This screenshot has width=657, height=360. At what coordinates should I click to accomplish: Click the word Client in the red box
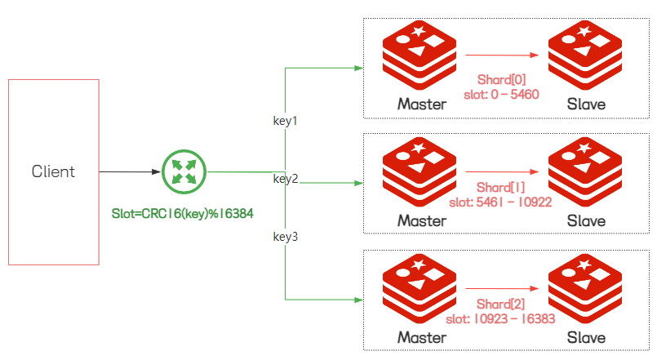pyautogui.click(x=53, y=171)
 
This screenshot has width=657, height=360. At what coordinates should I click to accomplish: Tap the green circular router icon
pyautogui.click(x=184, y=171)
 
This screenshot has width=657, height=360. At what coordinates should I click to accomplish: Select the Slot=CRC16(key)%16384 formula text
pyautogui.click(x=182, y=214)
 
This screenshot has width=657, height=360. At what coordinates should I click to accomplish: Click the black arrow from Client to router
pyautogui.click(x=130, y=171)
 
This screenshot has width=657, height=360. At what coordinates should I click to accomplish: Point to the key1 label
pyautogui.click(x=285, y=121)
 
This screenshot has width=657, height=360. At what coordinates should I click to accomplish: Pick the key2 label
pyautogui.click(x=286, y=179)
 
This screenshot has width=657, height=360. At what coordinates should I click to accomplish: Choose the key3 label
pyautogui.click(x=286, y=237)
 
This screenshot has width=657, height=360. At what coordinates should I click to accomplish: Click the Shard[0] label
pyautogui.click(x=501, y=80)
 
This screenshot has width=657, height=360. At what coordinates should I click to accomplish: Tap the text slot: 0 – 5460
pyautogui.click(x=501, y=95)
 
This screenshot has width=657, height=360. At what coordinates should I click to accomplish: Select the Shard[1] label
pyautogui.click(x=500, y=187)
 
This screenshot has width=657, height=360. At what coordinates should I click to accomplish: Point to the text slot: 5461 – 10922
pyautogui.click(x=500, y=202)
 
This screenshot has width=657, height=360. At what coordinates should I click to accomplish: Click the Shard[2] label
pyautogui.click(x=500, y=304)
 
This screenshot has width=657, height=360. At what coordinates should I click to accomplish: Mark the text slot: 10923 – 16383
pyautogui.click(x=500, y=319)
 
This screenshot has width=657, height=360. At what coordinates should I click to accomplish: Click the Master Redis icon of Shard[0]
pyautogui.click(x=420, y=55)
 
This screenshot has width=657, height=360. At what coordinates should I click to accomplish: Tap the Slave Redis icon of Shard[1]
pyautogui.click(x=585, y=171)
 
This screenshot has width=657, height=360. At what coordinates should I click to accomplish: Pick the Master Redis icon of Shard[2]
pyautogui.click(x=420, y=288)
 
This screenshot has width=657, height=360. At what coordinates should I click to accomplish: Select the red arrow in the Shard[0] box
pyautogui.click(x=502, y=55)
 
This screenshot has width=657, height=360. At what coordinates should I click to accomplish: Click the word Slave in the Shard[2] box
pyautogui.click(x=586, y=337)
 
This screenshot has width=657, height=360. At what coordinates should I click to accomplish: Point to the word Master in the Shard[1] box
pyautogui.click(x=422, y=221)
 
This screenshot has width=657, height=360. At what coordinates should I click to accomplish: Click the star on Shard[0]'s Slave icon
pyautogui.click(x=584, y=31)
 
